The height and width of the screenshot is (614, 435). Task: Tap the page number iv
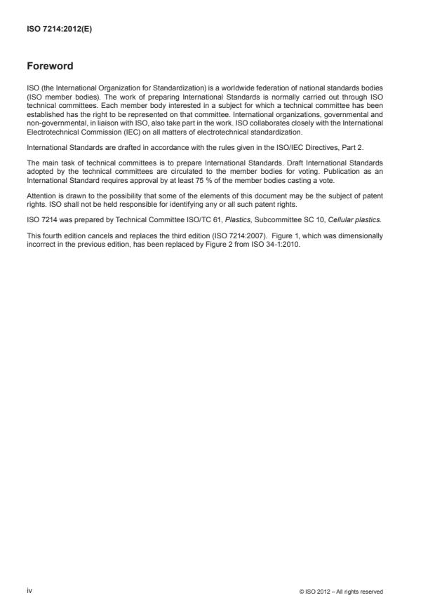29,591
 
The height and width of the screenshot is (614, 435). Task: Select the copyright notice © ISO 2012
340,592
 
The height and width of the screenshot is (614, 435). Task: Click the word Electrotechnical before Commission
52,132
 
